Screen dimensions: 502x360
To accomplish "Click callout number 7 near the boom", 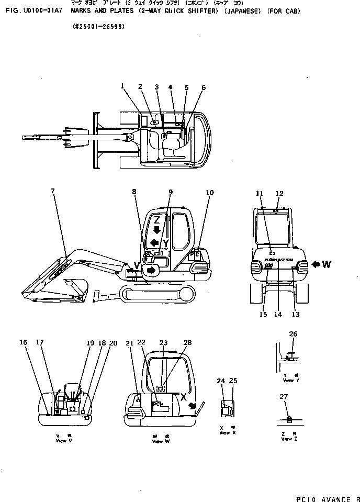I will pyautogui.click(x=52, y=192).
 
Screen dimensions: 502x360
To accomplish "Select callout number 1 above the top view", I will pyautogui.click(x=122, y=86).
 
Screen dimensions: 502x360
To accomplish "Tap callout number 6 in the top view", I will pyautogui.click(x=203, y=87).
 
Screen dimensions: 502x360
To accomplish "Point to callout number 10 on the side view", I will pyautogui.click(x=209, y=192).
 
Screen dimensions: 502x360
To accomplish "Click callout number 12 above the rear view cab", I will pyautogui.click(x=279, y=193).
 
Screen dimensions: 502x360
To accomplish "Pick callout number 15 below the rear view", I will pyautogui.click(x=263, y=315).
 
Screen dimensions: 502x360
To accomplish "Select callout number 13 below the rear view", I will pyautogui.click(x=295, y=315).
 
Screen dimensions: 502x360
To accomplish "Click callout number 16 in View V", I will pyautogui.click(x=24, y=342).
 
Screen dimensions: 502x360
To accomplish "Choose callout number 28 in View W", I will pyautogui.click(x=188, y=342).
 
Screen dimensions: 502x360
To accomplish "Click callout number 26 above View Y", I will pyautogui.click(x=293, y=334).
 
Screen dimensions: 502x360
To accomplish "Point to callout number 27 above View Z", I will pyautogui.click(x=284, y=397).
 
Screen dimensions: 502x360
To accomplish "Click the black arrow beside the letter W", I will pyautogui.click(x=316, y=264).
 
